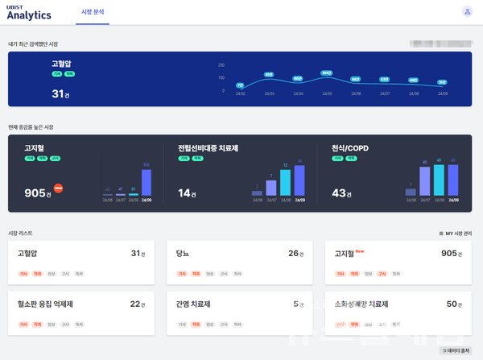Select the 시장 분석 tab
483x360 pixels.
pos(93,12)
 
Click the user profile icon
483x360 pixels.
pos(467,11)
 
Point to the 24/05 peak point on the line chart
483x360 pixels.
pos(326,73)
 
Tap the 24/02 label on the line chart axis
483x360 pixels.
pos(240,93)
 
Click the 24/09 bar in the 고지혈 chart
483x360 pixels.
pos(147,182)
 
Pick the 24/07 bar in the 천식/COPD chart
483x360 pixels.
pos(425,180)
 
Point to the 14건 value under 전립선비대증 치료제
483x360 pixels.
pos(187,193)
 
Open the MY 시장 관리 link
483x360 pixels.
pos(455,233)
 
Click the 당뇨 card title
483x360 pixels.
pos(182,254)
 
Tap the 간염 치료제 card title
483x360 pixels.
pos(192,304)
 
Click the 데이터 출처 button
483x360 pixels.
pos(456,351)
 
